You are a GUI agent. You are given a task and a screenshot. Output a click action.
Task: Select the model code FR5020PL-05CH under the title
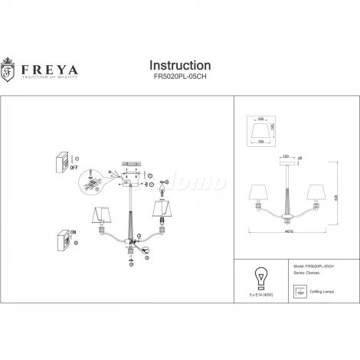[x=179, y=77]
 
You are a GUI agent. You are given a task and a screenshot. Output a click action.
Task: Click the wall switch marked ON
[x=59, y=243]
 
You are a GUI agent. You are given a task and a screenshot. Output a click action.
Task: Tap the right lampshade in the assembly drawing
[x=162, y=209]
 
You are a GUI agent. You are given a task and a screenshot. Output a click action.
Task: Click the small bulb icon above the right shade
[x=163, y=185]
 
